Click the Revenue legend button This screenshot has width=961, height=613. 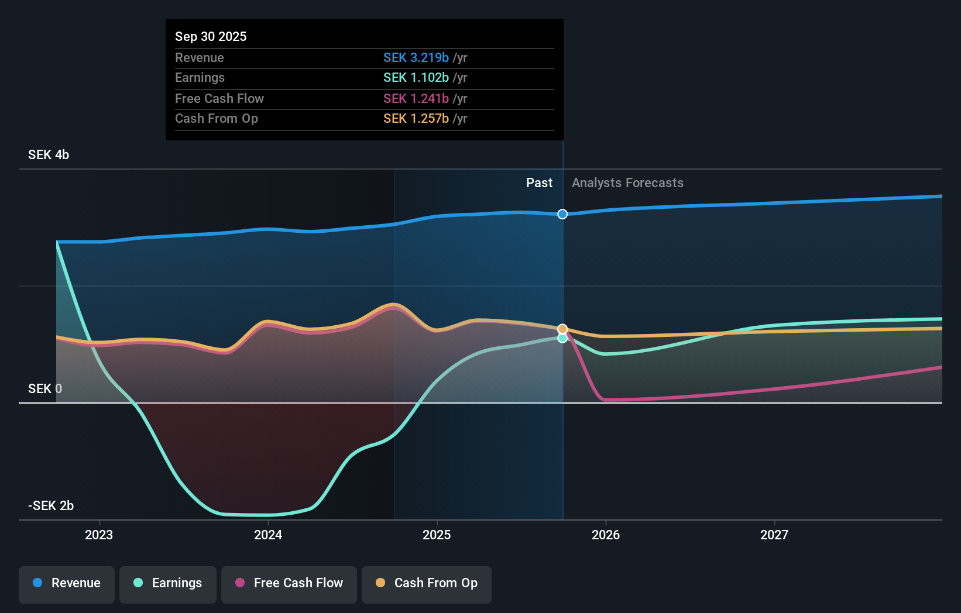click(x=67, y=583)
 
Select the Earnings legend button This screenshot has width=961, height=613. click(x=168, y=583)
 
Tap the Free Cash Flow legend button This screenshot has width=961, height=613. click(x=289, y=583)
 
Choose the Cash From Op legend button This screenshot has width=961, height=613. click(x=427, y=583)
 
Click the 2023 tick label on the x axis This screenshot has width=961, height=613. click(x=99, y=535)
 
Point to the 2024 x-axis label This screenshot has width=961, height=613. click(x=268, y=535)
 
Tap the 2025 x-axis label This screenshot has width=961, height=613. click(x=437, y=535)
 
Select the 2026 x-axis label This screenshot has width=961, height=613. click(x=606, y=535)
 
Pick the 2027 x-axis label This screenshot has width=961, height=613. click(x=774, y=535)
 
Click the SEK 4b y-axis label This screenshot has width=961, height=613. click(x=49, y=155)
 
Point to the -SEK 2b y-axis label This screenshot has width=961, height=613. click(x=51, y=506)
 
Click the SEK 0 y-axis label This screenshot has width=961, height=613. click(x=45, y=389)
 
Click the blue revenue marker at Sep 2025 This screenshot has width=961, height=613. click(x=562, y=214)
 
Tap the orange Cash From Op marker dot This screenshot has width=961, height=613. click(x=562, y=329)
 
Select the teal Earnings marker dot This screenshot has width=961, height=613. click(x=562, y=338)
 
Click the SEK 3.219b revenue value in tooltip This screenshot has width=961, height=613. click(x=416, y=58)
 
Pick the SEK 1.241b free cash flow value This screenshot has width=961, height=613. click(x=416, y=99)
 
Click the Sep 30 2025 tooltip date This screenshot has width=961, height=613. click(x=211, y=37)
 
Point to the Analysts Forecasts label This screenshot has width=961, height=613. click(x=627, y=183)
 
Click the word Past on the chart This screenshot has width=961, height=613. click(x=539, y=183)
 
